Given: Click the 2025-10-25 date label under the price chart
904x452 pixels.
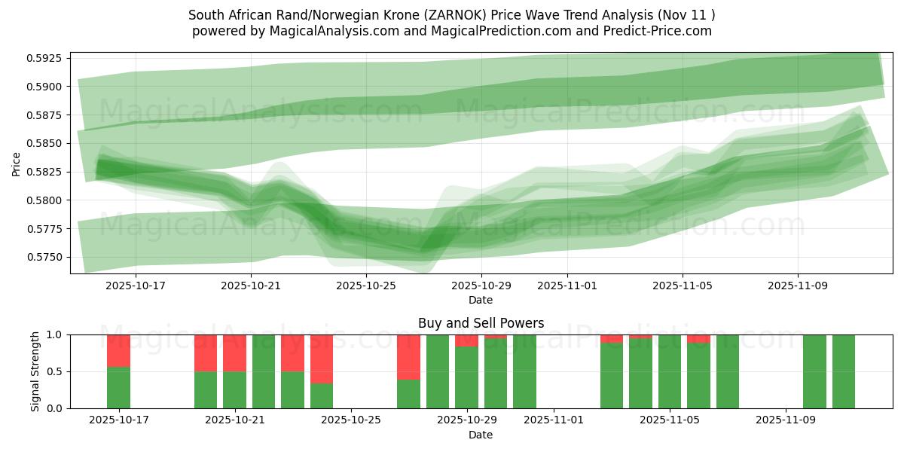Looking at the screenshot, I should point(365,286).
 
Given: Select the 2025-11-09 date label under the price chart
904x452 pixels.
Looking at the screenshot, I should point(798,286).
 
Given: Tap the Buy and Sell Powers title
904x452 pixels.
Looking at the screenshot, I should point(481,323).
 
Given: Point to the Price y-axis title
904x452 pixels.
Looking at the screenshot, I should point(17,163).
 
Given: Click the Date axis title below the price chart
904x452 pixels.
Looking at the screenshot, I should point(481,300).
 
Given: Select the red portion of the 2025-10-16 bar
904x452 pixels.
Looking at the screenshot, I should point(118,350).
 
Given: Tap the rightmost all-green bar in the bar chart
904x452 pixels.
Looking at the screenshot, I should point(843,371).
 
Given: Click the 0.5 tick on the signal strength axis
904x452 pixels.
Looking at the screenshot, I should point(56,371).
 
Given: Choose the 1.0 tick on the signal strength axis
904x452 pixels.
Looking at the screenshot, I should point(56,334).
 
